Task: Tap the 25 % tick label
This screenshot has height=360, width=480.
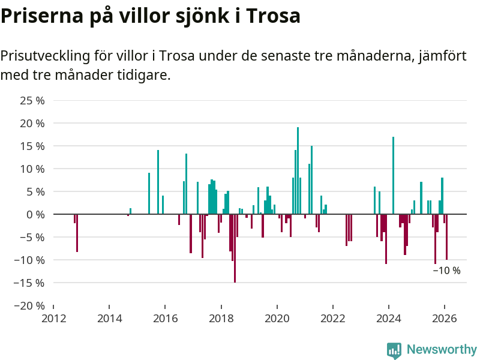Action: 32,100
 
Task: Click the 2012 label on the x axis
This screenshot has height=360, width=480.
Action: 53,319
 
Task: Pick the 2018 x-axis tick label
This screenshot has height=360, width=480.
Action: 221,319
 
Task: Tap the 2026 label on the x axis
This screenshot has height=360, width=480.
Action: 445,319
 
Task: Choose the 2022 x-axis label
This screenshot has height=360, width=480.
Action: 332,319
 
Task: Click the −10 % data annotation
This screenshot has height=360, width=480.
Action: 446,271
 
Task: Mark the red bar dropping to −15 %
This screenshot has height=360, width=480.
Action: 235,248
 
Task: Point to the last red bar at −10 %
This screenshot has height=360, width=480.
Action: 446,236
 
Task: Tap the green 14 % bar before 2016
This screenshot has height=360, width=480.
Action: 158,182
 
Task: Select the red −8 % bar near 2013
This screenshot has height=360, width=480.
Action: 77,233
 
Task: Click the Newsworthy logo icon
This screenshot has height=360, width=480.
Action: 394,350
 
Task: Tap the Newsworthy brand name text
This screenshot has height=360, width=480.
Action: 442,349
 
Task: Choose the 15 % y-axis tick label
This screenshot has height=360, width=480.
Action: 32,146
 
